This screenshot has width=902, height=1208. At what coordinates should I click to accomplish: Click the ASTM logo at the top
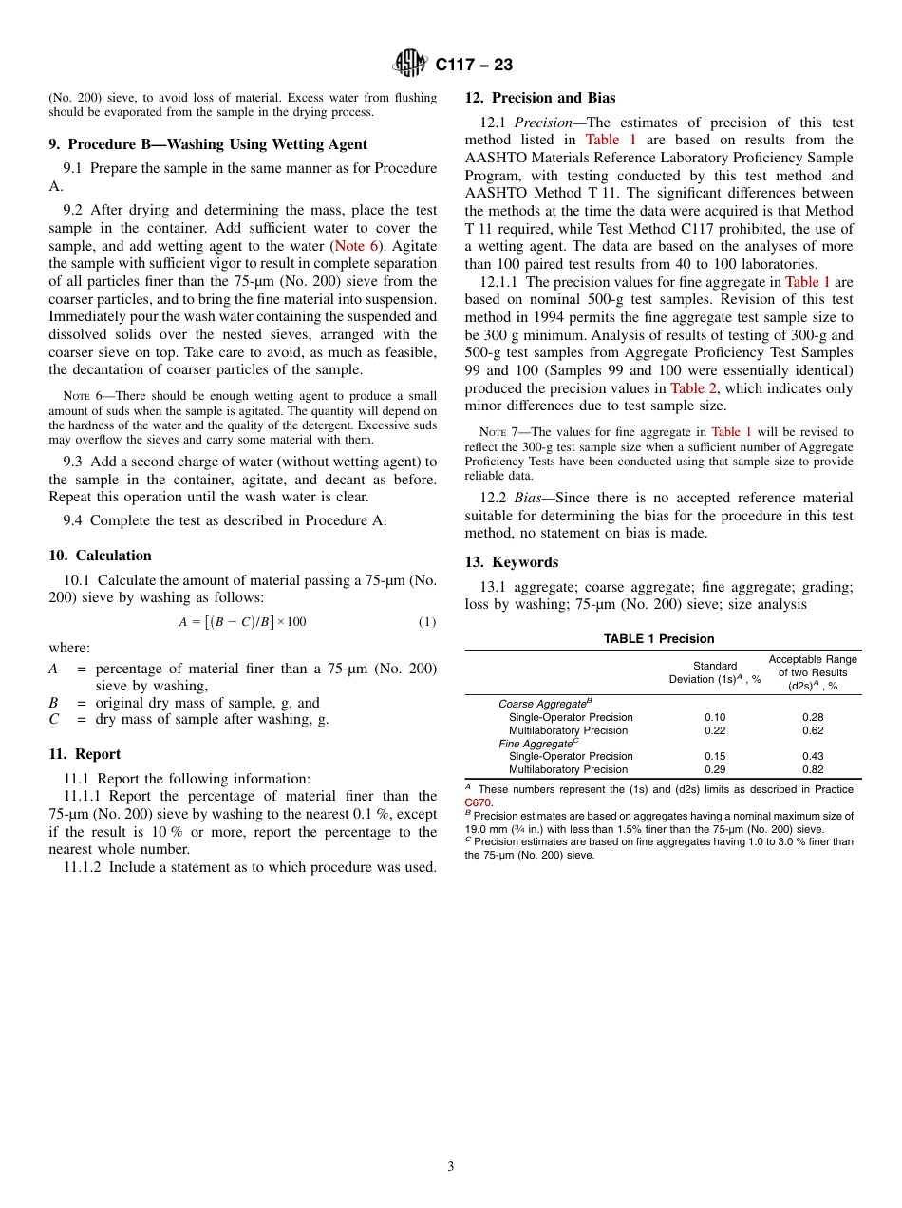tap(411, 64)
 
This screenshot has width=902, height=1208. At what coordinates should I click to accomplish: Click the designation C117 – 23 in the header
tap(474, 65)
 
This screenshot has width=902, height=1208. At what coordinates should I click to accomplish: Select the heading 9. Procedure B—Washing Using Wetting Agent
tap(208, 144)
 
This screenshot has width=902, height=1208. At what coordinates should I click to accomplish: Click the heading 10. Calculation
tap(100, 556)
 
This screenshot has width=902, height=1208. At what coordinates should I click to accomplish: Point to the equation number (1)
tap(426, 622)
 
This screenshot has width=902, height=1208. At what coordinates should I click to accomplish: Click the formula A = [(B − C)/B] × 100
tap(242, 622)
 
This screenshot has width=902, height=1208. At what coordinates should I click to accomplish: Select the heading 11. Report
tap(85, 754)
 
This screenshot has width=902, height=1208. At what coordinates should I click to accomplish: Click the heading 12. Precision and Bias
tap(539, 98)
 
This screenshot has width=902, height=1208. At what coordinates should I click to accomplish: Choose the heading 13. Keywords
tap(511, 562)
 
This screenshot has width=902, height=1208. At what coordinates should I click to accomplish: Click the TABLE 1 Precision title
tap(659, 639)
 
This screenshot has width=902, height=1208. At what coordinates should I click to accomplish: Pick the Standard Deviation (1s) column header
tap(715, 672)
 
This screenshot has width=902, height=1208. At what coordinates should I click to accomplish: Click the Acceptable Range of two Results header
tap(812, 671)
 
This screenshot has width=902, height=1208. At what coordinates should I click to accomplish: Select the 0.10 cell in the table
tap(715, 718)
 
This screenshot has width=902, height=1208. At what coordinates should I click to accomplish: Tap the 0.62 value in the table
tap(813, 731)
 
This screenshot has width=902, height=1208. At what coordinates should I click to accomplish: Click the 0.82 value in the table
tap(813, 770)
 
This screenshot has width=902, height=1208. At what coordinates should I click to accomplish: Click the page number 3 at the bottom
tap(451, 1167)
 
